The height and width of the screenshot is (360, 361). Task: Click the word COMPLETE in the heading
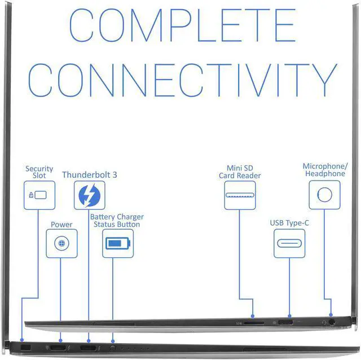[182, 28]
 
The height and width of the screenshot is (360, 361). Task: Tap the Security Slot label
[39, 172]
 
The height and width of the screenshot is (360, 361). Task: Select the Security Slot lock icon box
[39, 195]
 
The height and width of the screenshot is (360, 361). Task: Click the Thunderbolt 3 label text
[90, 175]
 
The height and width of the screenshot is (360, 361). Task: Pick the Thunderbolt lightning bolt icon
[89, 195]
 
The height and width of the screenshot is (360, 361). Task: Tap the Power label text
[61, 225]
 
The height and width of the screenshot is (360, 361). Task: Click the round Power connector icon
[61, 243]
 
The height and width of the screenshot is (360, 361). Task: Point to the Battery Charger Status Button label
[117, 221]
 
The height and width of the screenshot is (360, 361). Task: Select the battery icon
[118, 244]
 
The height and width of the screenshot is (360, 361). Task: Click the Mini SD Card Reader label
[240, 172]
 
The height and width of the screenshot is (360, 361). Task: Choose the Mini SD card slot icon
[240, 195]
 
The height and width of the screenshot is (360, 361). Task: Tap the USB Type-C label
[289, 223]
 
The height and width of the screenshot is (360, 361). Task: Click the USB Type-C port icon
[289, 243]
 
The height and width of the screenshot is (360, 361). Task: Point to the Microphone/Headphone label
[325, 170]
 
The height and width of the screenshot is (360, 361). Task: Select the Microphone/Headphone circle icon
[324, 195]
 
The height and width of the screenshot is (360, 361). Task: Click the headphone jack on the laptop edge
[331, 322]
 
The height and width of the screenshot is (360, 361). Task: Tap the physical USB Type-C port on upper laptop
[285, 323]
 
